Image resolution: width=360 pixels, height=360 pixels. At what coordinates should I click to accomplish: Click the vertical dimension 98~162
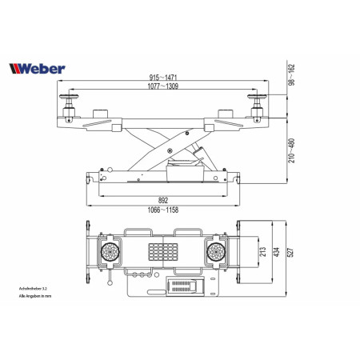point(292,76)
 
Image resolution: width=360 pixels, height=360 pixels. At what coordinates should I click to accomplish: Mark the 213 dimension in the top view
point(262,251)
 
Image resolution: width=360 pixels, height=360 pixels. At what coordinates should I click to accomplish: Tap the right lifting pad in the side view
point(260,102)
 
